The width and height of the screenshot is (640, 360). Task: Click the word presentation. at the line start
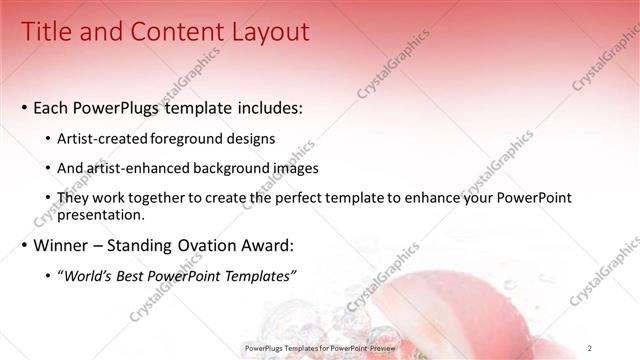(103, 214)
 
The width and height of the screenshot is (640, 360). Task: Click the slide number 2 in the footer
(591, 347)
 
